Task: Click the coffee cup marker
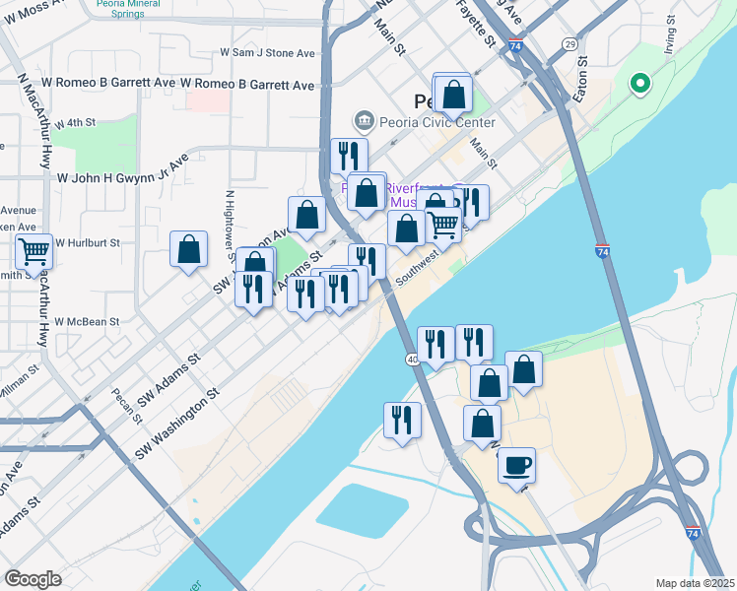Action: click(x=515, y=465)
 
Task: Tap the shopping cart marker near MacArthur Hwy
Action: click(x=34, y=252)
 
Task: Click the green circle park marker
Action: click(x=638, y=85)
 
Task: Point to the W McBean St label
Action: click(x=87, y=321)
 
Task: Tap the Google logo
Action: click(x=33, y=579)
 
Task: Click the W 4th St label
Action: click(x=74, y=123)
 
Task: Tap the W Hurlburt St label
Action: click(x=87, y=242)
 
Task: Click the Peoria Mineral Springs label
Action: click(x=135, y=9)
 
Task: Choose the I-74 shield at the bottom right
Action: click(x=694, y=533)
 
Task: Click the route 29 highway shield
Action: click(x=569, y=44)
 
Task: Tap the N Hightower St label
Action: click(x=230, y=220)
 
